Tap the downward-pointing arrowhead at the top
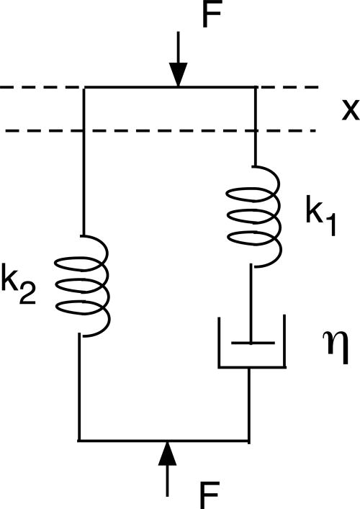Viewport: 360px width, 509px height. click(177, 74)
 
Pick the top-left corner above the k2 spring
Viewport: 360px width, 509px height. click(85, 88)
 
